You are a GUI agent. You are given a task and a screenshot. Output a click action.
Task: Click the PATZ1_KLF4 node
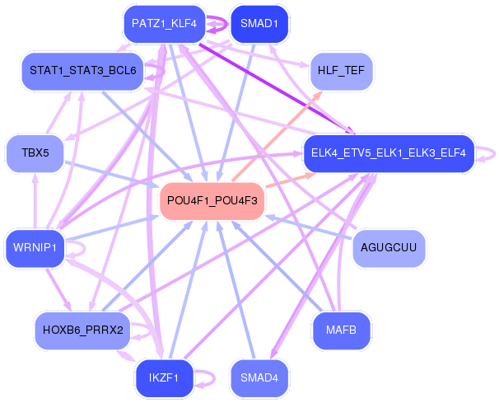(x=163, y=24)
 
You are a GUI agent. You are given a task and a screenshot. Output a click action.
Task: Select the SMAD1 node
(x=259, y=24)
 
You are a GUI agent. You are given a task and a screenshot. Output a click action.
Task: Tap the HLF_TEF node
(x=341, y=71)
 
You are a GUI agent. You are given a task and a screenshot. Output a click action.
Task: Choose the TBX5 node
(x=35, y=153)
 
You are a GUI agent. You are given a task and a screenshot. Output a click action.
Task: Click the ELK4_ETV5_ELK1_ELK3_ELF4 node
(x=389, y=153)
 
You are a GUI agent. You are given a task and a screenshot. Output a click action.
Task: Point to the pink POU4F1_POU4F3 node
(x=212, y=200)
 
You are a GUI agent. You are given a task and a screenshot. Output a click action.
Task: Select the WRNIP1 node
(x=35, y=247)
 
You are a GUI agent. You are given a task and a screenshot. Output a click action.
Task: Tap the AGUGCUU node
(x=389, y=247)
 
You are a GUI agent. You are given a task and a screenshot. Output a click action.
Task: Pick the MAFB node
(x=341, y=330)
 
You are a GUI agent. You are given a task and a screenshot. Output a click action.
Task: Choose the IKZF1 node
(x=163, y=377)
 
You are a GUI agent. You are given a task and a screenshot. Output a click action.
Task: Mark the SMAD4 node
(x=259, y=377)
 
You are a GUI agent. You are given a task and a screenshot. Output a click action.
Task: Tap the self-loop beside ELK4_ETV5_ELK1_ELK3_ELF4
(x=492, y=153)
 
